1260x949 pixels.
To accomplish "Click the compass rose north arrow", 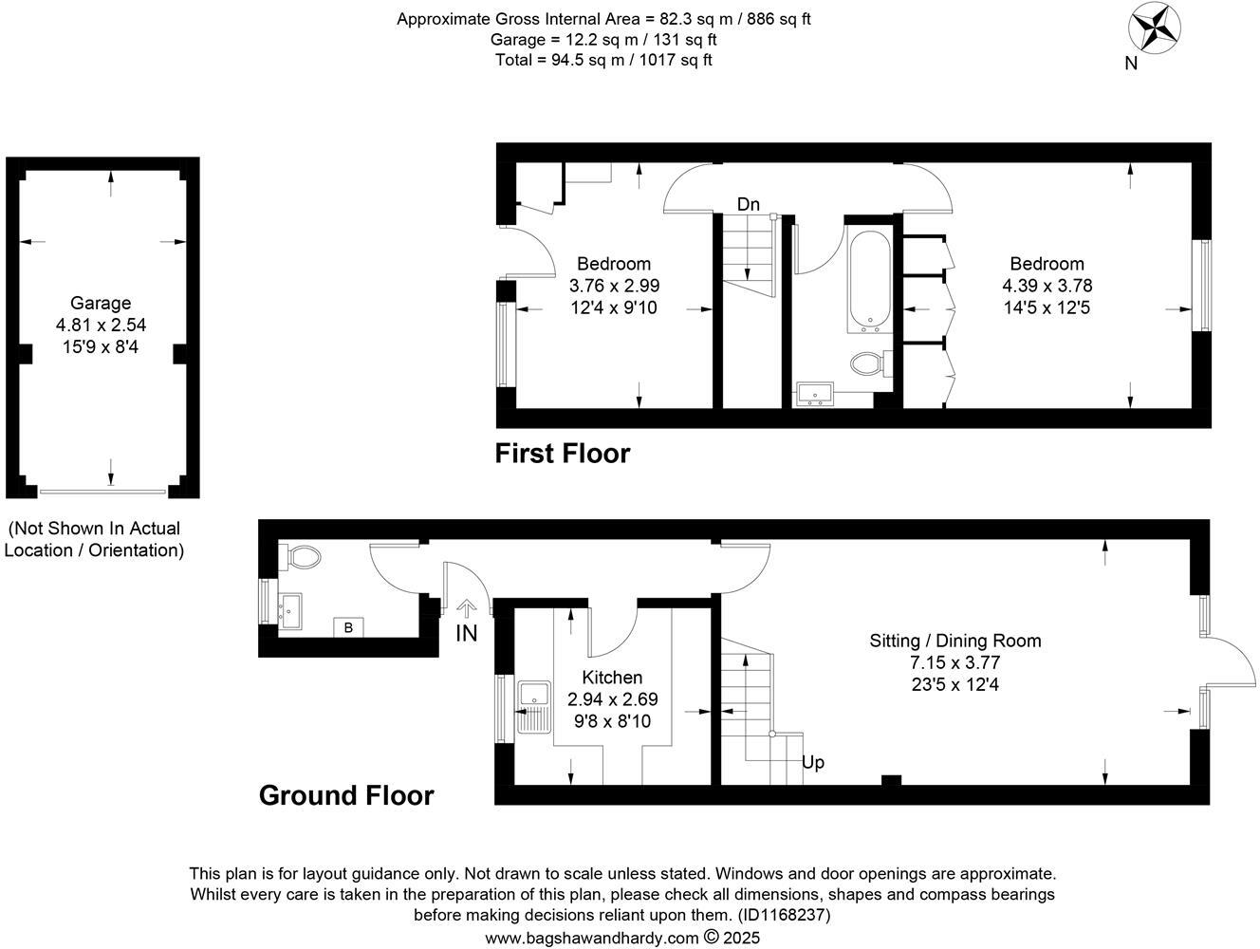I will (1153, 28).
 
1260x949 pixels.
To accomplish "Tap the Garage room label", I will (101, 304).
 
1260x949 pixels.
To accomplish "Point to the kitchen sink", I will (535, 708).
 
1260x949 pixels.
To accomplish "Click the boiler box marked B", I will (348, 627).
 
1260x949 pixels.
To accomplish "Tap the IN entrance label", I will (466, 634).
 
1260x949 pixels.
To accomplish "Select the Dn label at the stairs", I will (749, 204).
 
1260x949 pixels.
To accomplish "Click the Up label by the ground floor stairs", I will (813, 762).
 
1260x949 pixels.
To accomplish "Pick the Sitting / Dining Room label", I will (954, 641).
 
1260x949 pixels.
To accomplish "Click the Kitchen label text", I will (612, 678).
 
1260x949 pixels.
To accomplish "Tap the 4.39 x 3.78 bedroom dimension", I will (1047, 286).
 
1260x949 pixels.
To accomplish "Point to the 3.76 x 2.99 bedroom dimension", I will (614, 286).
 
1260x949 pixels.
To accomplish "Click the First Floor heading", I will (562, 454).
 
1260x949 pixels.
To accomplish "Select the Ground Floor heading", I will (346, 795).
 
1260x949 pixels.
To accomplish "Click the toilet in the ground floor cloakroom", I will (301, 556).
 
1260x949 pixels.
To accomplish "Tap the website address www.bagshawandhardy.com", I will (591, 938).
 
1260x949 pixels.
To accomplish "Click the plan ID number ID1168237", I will (783, 916).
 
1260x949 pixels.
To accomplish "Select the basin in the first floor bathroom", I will (814, 393).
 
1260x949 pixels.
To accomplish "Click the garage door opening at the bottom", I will (104, 492).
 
